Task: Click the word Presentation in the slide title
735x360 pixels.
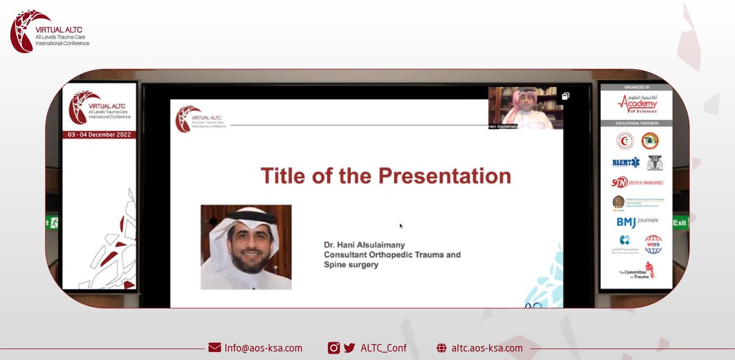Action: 445,176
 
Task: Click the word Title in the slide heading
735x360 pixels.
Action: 286,176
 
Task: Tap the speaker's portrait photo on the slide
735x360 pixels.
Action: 246,247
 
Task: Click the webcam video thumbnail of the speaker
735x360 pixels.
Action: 526,108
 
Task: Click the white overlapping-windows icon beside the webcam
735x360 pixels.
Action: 565,96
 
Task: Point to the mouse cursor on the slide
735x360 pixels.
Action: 401,226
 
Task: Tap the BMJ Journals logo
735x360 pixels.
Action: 636,222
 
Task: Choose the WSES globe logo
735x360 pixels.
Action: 652,244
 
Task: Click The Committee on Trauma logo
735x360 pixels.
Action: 635,271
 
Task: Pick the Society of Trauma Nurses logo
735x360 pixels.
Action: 636,182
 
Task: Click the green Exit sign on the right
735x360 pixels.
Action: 680,222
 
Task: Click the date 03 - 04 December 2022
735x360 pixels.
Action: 99,134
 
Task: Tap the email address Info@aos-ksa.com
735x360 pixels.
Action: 263,348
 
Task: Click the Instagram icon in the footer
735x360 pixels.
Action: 334,348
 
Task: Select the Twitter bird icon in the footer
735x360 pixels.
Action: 349,348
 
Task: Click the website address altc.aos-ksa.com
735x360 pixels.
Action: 486,348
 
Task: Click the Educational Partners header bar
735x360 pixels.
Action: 635,123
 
